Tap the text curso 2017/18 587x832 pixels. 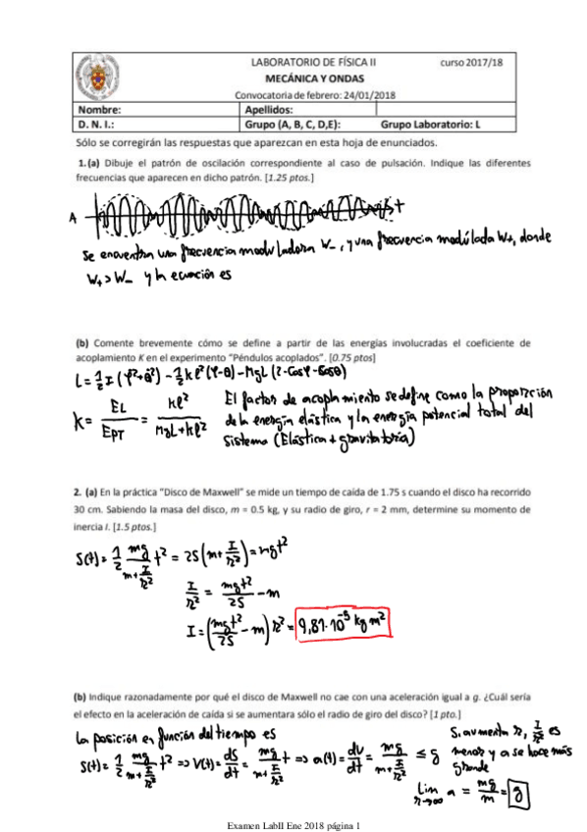[x=469, y=61]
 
